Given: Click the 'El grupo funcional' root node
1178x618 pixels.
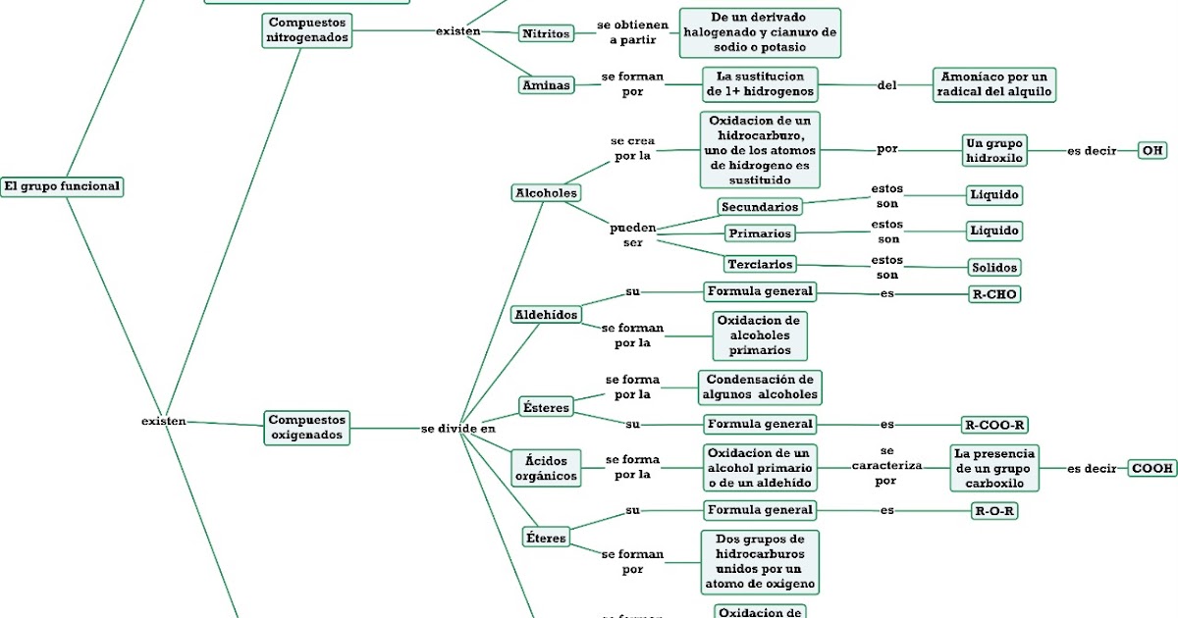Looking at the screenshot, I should click(x=62, y=185).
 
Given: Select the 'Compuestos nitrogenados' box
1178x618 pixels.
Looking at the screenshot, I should click(x=305, y=29).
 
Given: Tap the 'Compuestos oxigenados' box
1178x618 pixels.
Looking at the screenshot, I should click(x=305, y=427).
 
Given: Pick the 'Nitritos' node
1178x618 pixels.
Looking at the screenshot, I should click(x=546, y=33).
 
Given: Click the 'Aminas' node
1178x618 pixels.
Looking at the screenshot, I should click(x=546, y=85).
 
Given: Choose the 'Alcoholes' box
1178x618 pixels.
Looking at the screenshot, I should click(x=546, y=193).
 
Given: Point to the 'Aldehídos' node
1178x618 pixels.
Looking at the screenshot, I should click(x=546, y=315).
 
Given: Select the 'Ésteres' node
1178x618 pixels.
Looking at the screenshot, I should click(x=545, y=406).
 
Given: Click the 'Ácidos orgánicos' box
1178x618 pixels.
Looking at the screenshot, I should click(x=546, y=468).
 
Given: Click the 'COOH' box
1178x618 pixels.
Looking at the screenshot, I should click(x=1152, y=468).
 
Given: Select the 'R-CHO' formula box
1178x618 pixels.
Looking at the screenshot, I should click(x=993, y=293).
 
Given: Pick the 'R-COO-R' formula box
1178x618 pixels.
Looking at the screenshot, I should click(x=994, y=425).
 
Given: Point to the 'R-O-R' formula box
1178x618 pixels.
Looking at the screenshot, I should click(x=994, y=511).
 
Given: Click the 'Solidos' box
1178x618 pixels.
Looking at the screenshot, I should click(x=993, y=268).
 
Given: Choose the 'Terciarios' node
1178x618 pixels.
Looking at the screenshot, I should click(x=760, y=264).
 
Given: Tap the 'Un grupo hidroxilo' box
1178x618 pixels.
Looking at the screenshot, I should click(x=994, y=150).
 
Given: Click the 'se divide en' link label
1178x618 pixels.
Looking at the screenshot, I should click(x=458, y=429).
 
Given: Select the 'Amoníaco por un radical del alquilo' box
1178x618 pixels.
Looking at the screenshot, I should click(x=993, y=84).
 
